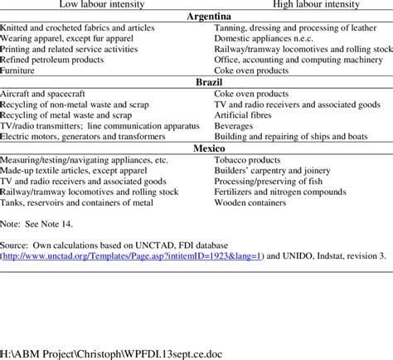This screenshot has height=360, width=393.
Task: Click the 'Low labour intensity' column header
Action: click(x=98, y=5)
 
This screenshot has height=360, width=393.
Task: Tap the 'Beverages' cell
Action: click(x=235, y=124)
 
